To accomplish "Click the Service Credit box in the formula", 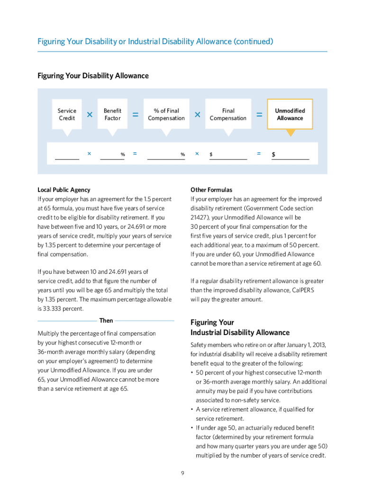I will (67, 114).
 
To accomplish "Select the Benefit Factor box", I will (112, 114).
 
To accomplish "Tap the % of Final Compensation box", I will (166, 114).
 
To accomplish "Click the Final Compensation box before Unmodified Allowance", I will (228, 114).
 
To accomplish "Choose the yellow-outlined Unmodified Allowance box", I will (290, 114).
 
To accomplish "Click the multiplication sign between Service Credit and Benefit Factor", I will (90, 115).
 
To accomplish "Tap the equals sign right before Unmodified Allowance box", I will (259, 115).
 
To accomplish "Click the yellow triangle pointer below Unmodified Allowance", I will (290, 133).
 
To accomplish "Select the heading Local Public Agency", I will (64, 190).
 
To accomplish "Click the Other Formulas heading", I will (211, 190).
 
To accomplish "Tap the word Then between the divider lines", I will (106, 321).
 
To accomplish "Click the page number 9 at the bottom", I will (182, 473).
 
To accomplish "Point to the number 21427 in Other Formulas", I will (200, 217).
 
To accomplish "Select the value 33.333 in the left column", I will (48, 309).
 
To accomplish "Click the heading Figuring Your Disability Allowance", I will (93, 76).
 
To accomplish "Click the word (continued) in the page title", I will (253, 42).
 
